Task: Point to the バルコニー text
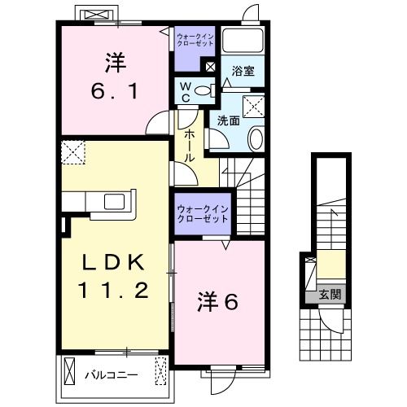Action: (x=111, y=375)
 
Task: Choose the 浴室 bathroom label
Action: (x=243, y=71)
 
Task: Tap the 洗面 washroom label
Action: (x=228, y=120)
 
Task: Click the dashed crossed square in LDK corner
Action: (x=74, y=151)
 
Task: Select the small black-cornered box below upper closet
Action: (x=211, y=68)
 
